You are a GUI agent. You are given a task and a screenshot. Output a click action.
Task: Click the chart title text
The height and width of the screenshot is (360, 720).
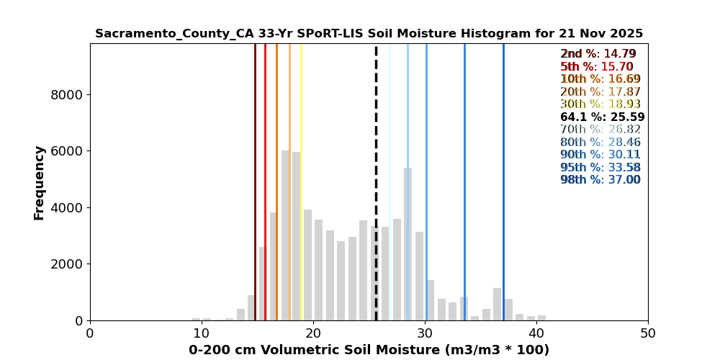pos(369,34)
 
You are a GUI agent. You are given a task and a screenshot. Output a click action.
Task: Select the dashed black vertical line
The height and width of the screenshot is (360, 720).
pos(376,182)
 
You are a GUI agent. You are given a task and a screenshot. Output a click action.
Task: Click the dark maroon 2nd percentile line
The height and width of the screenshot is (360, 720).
pos(256,182)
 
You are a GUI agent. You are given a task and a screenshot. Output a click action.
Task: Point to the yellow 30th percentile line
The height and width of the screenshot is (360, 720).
pos(301,182)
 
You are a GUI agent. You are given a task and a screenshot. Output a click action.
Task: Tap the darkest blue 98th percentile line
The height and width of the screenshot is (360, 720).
pos(503,182)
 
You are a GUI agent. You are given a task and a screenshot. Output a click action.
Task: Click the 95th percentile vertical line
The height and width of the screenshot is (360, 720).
pos(464,182)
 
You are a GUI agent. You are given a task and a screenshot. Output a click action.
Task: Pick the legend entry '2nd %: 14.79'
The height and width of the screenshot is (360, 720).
pos(598,53)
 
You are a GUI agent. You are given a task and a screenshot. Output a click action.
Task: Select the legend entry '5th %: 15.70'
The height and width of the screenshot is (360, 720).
pos(596,66)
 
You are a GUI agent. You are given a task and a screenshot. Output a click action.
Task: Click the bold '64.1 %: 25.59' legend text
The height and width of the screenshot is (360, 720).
pos(603,117)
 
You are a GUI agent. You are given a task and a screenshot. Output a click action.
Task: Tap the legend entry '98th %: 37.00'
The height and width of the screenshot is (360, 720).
pos(600,179)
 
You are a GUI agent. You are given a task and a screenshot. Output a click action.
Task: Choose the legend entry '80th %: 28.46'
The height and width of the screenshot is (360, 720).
pos(600,141)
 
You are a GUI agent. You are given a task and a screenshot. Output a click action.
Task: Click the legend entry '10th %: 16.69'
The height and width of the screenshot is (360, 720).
pos(600,78)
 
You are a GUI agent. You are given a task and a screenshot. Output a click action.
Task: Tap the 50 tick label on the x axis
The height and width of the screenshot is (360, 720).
pos(648,332)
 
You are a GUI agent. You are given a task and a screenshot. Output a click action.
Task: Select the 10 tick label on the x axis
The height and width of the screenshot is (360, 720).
pos(201,332)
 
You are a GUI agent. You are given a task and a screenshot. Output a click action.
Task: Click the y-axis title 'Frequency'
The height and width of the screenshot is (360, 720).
pos(40,183)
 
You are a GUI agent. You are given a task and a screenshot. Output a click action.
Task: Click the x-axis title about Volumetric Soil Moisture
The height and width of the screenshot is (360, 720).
pos(369,350)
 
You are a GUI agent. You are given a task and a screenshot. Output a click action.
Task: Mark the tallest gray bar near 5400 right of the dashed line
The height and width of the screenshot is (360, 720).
pos(408,244)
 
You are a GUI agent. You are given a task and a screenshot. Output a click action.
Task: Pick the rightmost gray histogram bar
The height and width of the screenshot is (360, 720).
pos(542,318)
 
